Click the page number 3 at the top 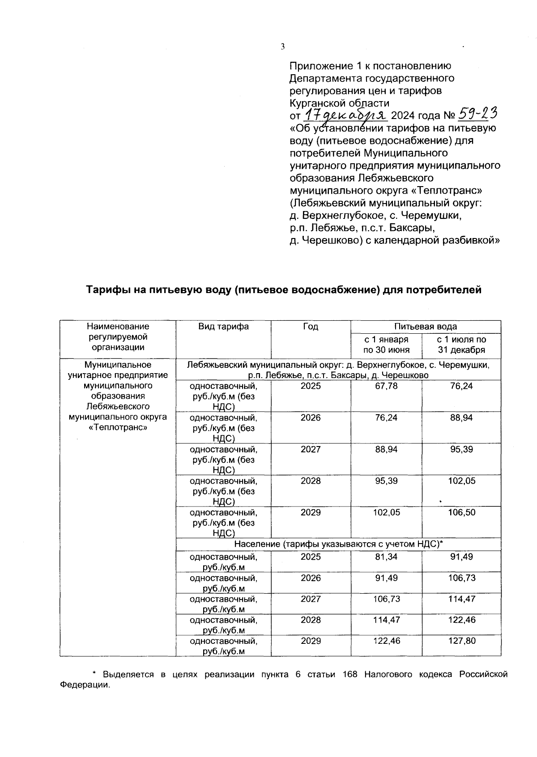tap(282, 47)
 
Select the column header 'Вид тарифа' tap(223, 327)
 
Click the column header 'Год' tap(311, 327)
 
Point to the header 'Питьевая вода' tap(425, 327)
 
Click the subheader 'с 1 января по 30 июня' tap(386, 345)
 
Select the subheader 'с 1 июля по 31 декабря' tap(461, 345)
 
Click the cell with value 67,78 tap(386, 386)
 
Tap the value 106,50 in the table tap(461, 512)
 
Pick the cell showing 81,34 tap(386, 557)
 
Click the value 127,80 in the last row tap(461, 641)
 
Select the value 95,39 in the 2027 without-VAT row tap(461, 449)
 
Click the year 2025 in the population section tap(311, 557)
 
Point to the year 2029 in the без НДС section tap(311, 512)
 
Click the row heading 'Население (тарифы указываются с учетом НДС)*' tap(338, 544)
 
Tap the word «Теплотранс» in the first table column tap(118, 427)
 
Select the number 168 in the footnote tap(349, 675)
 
